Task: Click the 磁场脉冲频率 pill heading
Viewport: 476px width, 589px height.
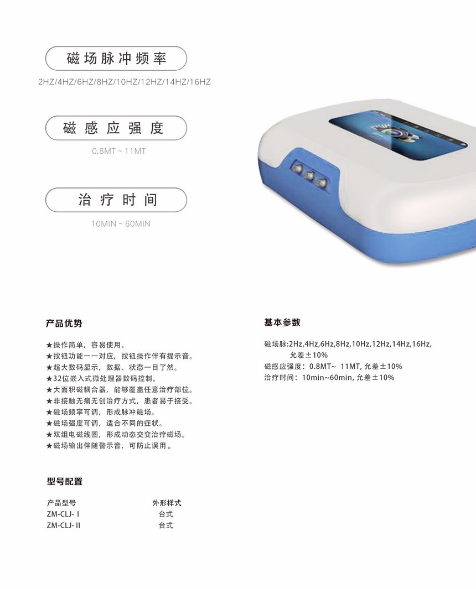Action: [116, 58]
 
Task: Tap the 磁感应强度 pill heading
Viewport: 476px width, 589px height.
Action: [116, 128]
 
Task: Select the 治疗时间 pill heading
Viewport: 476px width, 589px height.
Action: [116, 200]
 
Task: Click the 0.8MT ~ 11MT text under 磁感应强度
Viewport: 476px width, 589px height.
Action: [119, 152]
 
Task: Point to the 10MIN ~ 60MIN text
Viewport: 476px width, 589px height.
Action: [121, 224]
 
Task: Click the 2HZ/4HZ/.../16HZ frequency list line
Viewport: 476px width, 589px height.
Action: [125, 82]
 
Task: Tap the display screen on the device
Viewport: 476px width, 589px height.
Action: [397, 133]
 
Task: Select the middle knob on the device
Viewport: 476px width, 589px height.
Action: [309, 175]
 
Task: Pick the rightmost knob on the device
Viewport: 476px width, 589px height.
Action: [322, 183]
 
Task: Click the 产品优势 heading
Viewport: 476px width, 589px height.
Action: [64, 324]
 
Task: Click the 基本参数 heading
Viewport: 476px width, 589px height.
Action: [282, 322]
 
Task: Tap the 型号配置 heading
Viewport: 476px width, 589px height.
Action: [65, 482]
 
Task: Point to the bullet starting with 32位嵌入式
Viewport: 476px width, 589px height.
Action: [101, 379]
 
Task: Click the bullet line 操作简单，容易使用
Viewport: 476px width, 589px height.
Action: [86, 345]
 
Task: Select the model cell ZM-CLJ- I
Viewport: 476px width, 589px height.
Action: [63, 514]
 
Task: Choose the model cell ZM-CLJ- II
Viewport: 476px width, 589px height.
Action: [64, 525]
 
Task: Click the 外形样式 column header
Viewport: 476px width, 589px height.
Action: [167, 503]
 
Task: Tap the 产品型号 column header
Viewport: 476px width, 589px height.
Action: [61, 503]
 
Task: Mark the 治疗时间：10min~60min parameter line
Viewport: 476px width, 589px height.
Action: [329, 378]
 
